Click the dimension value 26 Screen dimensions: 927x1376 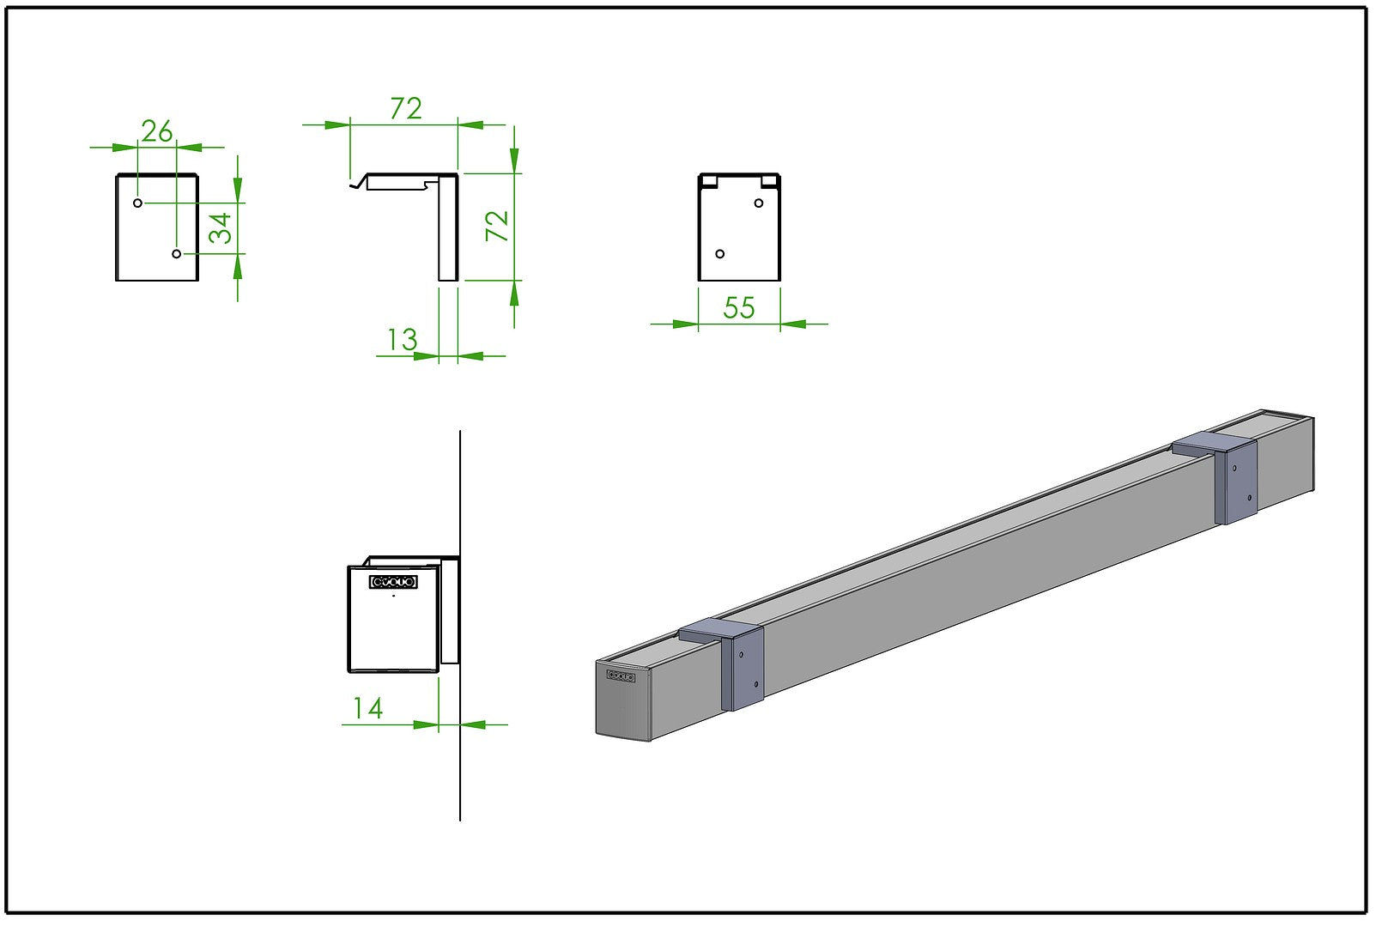(157, 131)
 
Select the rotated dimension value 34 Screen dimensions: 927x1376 (221, 228)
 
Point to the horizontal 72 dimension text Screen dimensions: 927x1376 (406, 109)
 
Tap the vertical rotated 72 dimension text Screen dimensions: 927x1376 (498, 226)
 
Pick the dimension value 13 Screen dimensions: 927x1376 (401, 340)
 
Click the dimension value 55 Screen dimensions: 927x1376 (739, 308)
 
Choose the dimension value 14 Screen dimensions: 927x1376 (367, 708)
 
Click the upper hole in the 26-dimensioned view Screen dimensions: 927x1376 (137, 203)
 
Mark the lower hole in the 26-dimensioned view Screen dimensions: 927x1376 (177, 253)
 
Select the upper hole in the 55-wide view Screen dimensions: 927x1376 (759, 203)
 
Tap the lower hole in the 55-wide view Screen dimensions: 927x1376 (720, 253)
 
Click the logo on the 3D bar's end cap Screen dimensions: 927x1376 (621, 676)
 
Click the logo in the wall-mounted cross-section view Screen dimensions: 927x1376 (394, 582)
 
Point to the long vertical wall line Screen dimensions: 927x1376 (460, 772)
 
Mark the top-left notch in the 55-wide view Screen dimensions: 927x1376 (709, 180)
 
